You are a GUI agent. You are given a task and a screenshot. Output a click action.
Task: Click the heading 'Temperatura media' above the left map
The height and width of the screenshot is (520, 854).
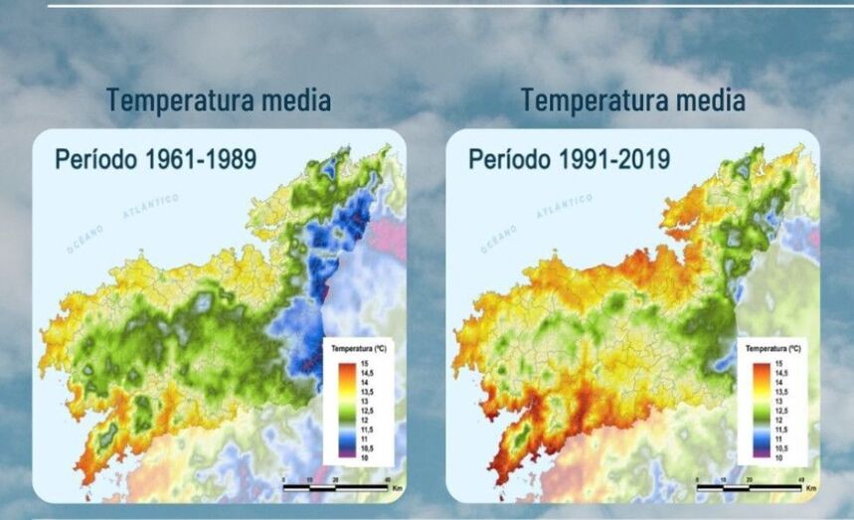(x=219, y=100)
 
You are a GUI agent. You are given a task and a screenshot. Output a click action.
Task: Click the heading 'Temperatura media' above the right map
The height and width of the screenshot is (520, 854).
(x=632, y=100)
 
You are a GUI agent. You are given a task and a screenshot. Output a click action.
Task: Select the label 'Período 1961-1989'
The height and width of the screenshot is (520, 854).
(x=155, y=159)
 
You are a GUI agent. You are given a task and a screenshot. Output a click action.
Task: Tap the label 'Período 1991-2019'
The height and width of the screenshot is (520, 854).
(x=569, y=159)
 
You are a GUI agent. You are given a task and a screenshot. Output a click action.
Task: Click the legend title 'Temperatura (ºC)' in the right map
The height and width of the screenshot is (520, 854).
(x=773, y=351)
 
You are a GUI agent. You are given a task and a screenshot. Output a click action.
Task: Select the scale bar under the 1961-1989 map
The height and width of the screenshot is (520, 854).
(x=334, y=487)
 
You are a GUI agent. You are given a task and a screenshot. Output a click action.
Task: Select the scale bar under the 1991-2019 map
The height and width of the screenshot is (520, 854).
(x=749, y=487)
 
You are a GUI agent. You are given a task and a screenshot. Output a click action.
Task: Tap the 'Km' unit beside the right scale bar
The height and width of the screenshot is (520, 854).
(x=811, y=488)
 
